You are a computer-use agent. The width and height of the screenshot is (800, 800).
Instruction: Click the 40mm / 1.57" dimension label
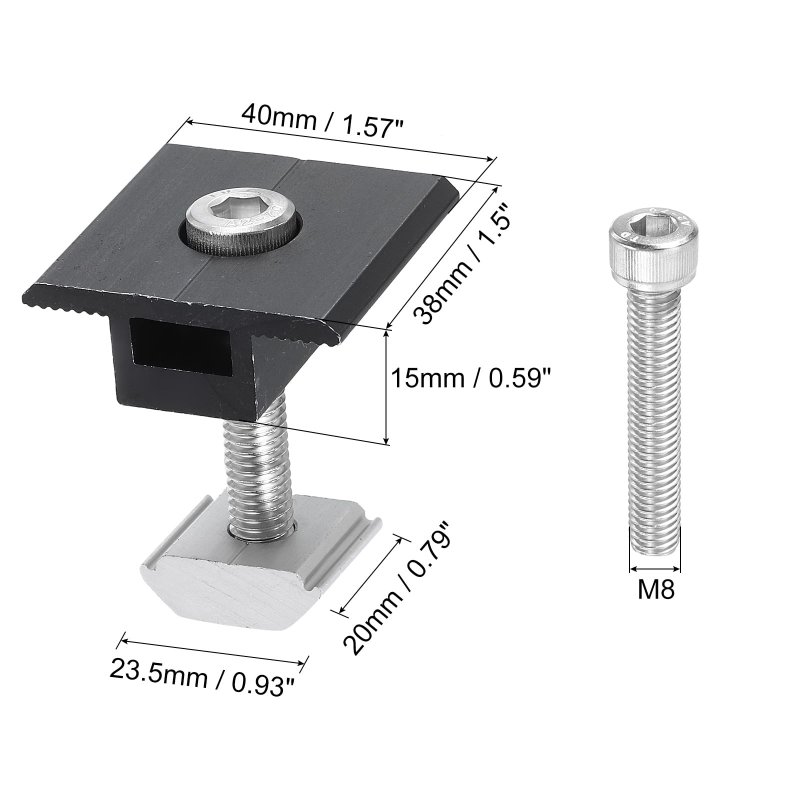322,122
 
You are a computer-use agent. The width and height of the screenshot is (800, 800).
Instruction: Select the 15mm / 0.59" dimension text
471,379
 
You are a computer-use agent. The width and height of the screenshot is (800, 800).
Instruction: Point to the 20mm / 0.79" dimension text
397,587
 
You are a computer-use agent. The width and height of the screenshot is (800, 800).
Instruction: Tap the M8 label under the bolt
656,590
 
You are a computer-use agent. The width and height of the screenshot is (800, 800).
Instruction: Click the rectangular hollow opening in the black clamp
181,346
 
